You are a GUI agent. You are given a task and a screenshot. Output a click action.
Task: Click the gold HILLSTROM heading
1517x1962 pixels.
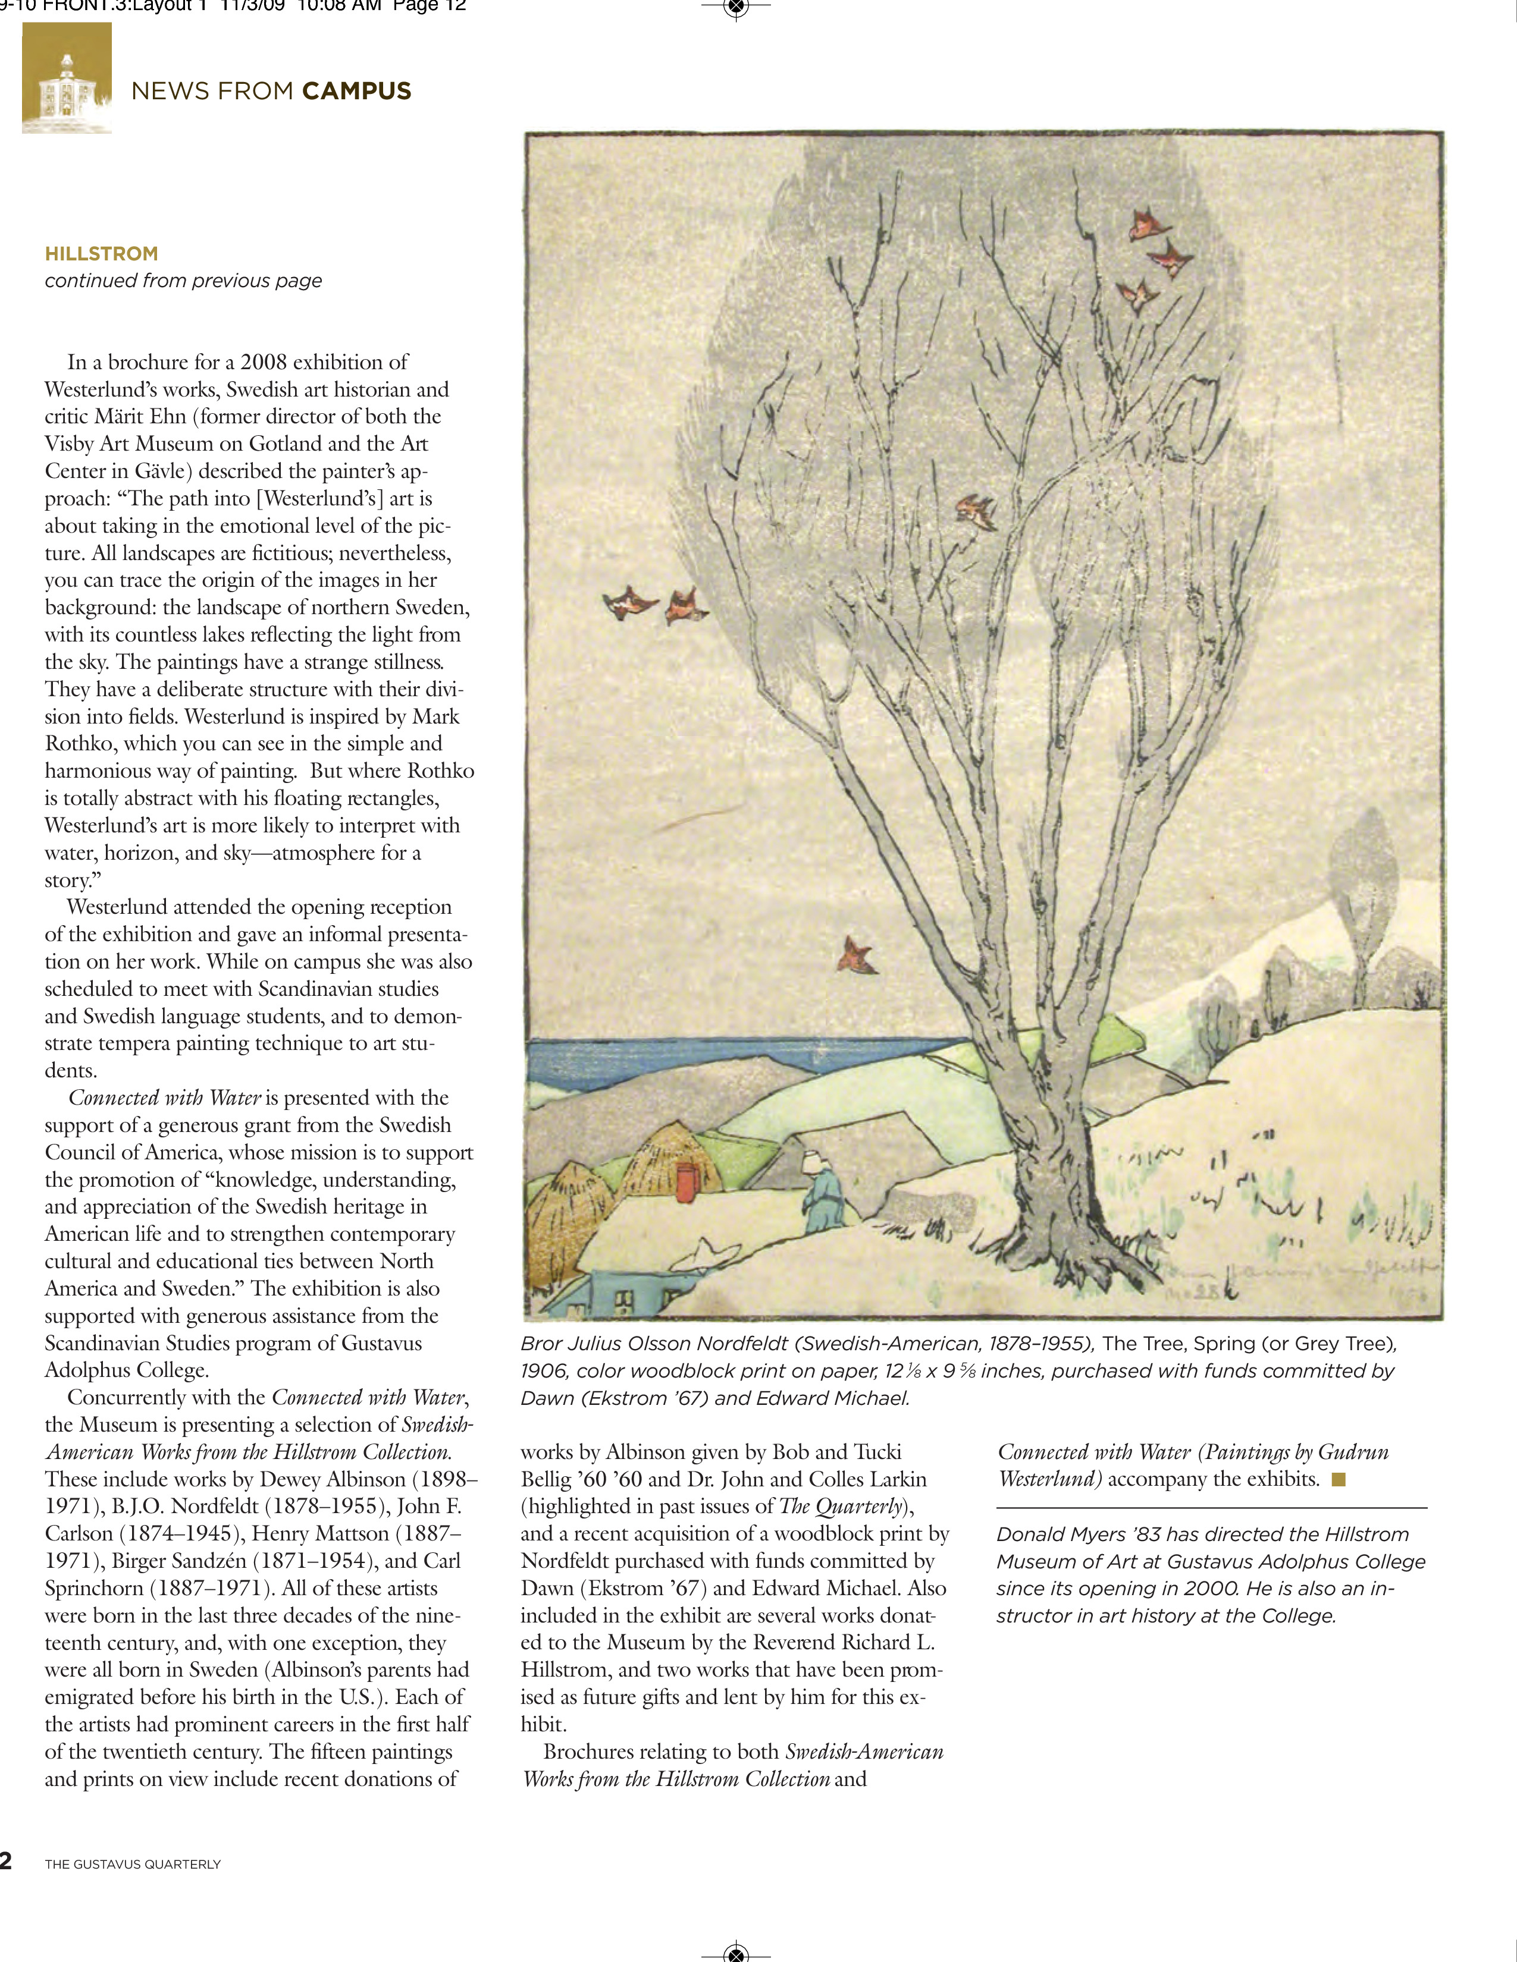102,254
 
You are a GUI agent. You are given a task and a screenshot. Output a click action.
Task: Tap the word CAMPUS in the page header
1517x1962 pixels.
357,91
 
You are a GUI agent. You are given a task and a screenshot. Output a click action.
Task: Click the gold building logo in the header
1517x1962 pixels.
67,79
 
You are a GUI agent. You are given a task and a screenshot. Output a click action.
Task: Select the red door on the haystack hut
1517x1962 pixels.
687,1181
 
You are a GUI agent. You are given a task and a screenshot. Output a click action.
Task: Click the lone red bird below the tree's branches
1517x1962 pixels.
857,955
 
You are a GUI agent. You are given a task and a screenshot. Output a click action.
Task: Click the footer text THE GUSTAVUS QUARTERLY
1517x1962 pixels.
133,1864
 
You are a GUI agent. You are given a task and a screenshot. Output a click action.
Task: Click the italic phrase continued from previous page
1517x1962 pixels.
183,281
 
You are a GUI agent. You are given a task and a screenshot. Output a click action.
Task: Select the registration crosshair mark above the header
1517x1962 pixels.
736,8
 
